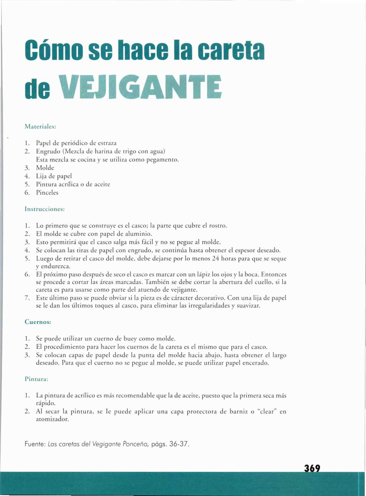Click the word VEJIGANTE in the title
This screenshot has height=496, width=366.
click(141, 87)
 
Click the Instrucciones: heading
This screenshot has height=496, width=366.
click(45, 209)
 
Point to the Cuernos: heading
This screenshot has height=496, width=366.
click(38, 322)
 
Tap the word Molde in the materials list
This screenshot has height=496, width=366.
click(45, 168)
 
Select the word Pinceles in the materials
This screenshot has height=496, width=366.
click(47, 193)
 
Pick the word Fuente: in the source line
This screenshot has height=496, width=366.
click(35, 444)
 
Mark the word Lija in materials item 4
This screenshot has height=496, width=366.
click(41, 176)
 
